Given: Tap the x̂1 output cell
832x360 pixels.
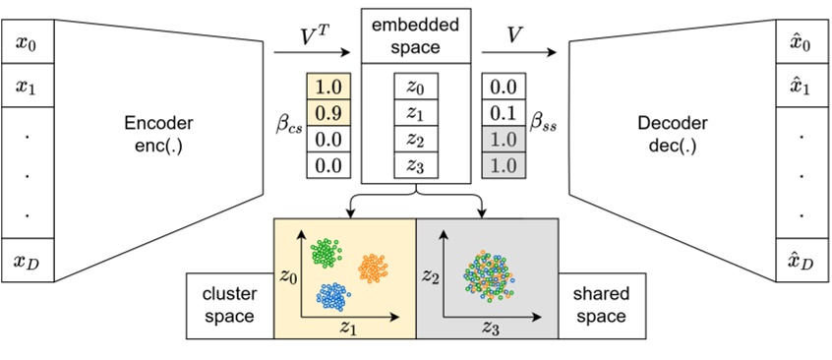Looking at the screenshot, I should pyautogui.click(x=802, y=88).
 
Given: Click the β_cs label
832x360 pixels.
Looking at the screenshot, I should pyautogui.click(x=290, y=126).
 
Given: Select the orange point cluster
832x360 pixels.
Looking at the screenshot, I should pyautogui.click(x=374, y=266).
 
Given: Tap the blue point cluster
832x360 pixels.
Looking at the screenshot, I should pyautogui.click(x=332, y=293).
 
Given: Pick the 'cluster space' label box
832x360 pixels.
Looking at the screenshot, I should pyautogui.click(x=229, y=305).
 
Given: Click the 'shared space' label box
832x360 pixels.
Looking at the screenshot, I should pyautogui.click(x=602, y=305).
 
